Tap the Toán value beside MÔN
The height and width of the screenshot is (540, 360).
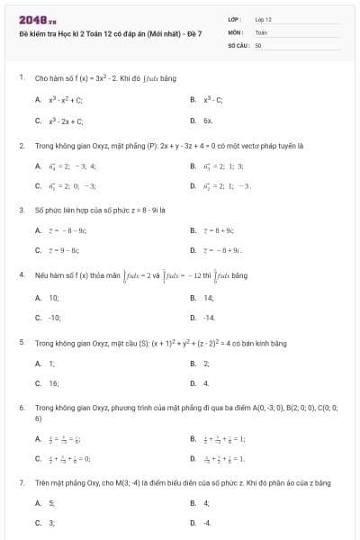[261, 31]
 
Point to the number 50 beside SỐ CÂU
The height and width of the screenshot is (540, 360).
[258, 44]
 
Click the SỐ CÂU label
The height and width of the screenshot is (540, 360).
[238, 44]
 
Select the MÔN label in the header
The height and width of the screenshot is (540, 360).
[236, 31]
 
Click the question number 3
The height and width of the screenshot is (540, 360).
[21, 210]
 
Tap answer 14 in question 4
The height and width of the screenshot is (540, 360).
[208, 297]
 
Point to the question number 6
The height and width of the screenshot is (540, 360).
[21, 408]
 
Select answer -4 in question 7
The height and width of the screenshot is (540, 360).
[208, 522]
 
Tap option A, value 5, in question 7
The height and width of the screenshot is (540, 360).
[51, 502]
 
